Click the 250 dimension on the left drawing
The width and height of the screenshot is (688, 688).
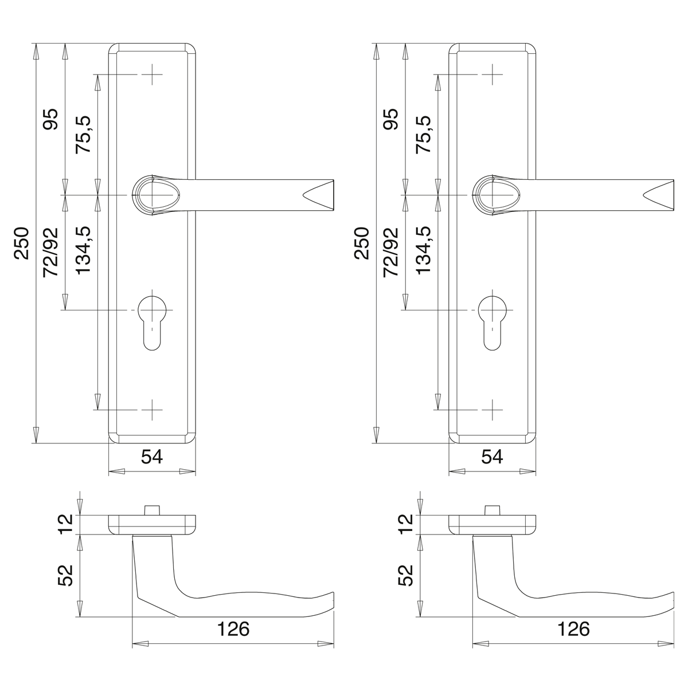pos(21,243)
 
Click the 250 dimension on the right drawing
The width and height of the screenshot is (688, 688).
pos(361,243)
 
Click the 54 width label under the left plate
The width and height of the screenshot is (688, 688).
pos(152,457)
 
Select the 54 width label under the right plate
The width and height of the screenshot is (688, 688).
pos(491,457)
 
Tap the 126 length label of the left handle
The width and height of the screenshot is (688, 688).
pos(233,629)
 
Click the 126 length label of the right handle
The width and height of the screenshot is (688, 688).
pos(573,629)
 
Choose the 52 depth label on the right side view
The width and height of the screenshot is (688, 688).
pos(406,575)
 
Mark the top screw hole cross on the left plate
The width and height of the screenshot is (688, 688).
pos(152,75)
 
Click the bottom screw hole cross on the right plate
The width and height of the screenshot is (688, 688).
pos(491,410)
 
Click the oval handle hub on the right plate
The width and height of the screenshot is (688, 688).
pos(493,195)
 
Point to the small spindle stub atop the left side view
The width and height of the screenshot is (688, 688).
pos(151,510)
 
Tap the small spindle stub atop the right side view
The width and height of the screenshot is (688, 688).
pos(491,510)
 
